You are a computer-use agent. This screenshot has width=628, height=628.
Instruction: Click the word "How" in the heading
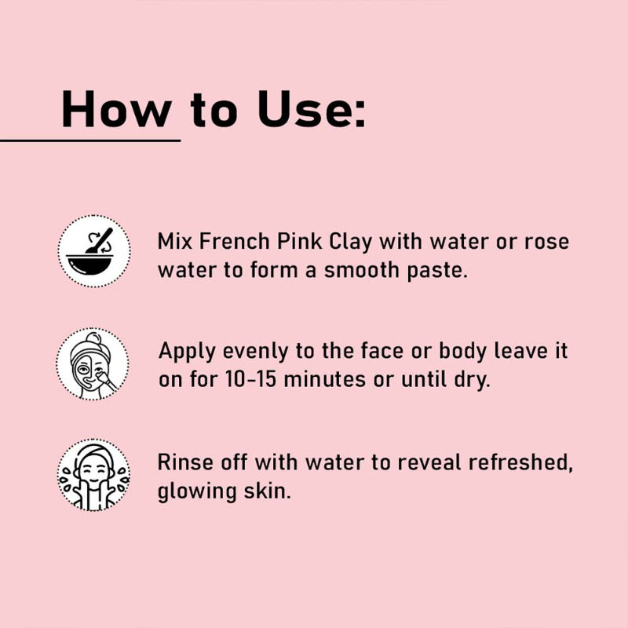pyautogui.click(x=116, y=109)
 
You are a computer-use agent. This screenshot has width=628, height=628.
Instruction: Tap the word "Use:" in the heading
pyautogui.click(x=312, y=109)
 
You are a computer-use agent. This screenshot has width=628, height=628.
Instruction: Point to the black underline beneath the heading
pyautogui.click(x=90, y=141)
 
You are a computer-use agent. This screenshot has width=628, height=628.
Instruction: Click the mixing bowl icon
pyautogui.click(x=94, y=251)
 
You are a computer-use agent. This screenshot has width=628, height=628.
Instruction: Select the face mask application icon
pyautogui.click(x=93, y=363)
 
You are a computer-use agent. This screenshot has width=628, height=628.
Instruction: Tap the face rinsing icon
pyautogui.click(x=93, y=475)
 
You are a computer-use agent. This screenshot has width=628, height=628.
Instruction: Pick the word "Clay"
pyautogui.click(x=350, y=243)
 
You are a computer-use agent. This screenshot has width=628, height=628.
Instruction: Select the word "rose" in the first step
pyautogui.click(x=546, y=243)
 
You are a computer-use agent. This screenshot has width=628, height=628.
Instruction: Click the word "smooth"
pyautogui.click(x=362, y=270)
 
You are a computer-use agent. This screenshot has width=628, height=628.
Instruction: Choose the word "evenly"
pyautogui.click(x=255, y=352)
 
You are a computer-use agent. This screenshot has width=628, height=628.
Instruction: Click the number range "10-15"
pyautogui.click(x=250, y=379)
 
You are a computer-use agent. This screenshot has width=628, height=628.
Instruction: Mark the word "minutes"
pyautogui.click(x=325, y=379)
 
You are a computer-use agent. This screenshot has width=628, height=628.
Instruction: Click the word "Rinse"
pyautogui.click(x=185, y=462)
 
